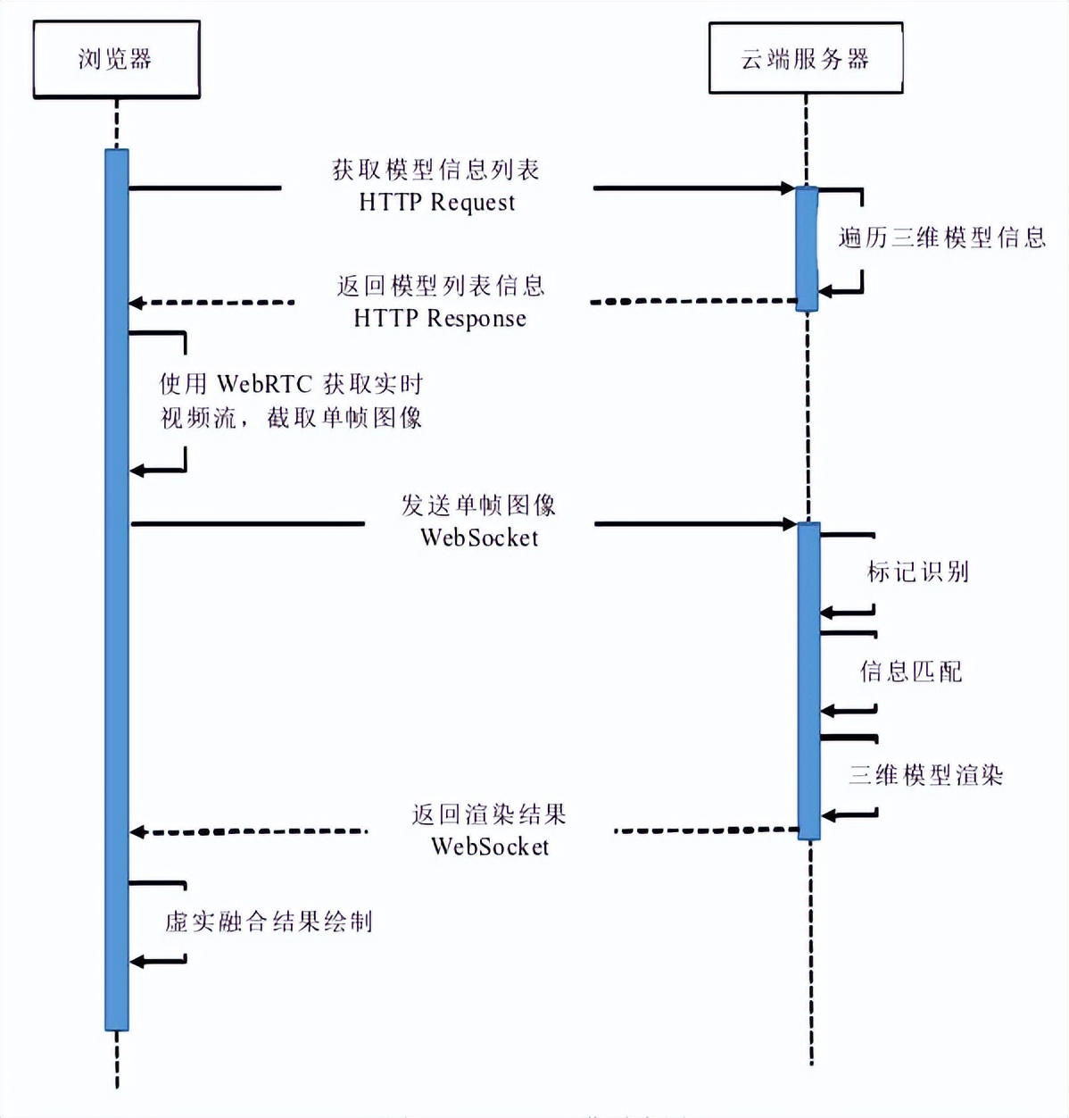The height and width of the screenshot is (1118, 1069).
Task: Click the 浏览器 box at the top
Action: pyautogui.click(x=116, y=60)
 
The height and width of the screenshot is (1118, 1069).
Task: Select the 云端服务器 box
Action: pyautogui.click(x=805, y=59)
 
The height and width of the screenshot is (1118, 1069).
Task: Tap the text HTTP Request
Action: pyautogui.click(x=437, y=203)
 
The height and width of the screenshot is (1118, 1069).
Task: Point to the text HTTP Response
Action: pyautogui.click(x=440, y=319)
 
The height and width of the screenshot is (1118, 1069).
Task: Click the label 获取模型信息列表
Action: pyautogui.click(x=435, y=170)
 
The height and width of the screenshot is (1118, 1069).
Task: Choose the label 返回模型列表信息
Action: pyautogui.click(x=441, y=286)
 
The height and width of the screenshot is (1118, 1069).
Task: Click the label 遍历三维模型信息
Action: pyautogui.click(x=941, y=238)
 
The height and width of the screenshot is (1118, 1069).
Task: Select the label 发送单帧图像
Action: pyautogui.click(x=478, y=505)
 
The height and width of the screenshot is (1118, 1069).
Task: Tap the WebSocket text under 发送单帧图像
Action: pyautogui.click(x=479, y=538)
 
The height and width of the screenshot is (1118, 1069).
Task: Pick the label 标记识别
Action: pyautogui.click(x=918, y=572)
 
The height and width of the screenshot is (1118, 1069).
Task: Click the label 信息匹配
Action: pyautogui.click(x=911, y=672)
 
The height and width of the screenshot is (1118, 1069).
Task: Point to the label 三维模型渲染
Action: pyautogui.click(x=926, y=774)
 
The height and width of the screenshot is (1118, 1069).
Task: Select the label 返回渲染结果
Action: pyautogui.click(x=489, y=814)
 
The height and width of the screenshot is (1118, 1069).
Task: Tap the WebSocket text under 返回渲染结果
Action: pyautogui.click(x=490, y=847)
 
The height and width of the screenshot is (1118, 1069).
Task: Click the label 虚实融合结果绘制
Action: pyautogui.click(x=269, y=922)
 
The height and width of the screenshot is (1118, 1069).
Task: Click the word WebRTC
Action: pyautogui.click(x=265, y=385)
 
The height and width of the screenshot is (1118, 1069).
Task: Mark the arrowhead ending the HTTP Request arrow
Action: pyautogui.click(x=788, y=188)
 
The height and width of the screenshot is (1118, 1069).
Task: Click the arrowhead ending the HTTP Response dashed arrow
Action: pyautogui.click(x=137, y=304)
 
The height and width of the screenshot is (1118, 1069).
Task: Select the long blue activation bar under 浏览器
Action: pyautogui.click(x=117, y=589)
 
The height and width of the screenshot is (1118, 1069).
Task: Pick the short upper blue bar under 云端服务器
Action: pyautogui.click(x=807, y=248)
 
